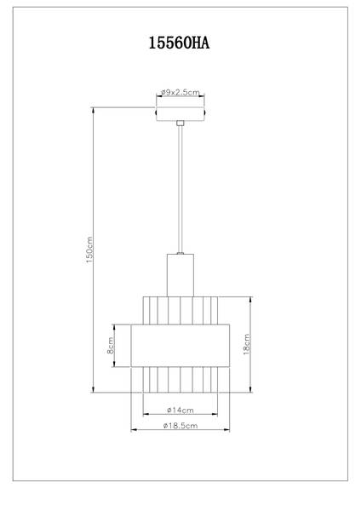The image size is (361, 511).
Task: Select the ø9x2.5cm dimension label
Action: point(180,93)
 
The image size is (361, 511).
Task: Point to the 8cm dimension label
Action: point(111,347)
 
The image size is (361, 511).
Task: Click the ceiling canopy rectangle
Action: point(180,113)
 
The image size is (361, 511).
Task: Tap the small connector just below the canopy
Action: point(180,124)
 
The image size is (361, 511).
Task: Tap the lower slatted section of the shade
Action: point(180,380)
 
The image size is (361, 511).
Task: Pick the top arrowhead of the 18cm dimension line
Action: point(249,298)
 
